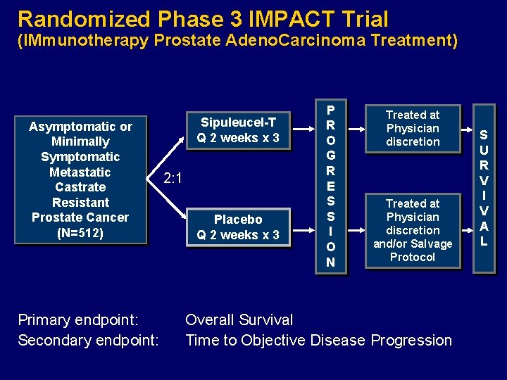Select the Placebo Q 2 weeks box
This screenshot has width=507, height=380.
coord(238,227)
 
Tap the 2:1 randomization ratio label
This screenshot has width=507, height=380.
coord(173,178)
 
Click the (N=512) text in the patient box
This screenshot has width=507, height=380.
coord(80,233)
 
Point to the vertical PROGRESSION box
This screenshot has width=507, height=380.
coord(330,186)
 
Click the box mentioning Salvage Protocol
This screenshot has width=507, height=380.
coord(413,230)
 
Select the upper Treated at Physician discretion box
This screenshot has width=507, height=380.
coord(413,128)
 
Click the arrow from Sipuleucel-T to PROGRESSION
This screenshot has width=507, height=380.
coord(303,129)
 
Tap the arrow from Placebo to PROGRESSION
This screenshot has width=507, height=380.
coord(303,227)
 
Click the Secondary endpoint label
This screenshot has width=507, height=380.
coord(88,341)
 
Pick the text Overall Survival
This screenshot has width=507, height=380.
coord(239,320)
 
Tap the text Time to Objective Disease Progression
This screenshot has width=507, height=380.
coord(318,341)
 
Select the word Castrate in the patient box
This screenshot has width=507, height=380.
coord(80,187)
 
